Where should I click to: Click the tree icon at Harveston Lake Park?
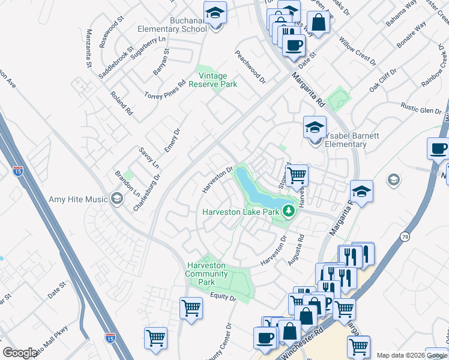click(x=289, y=211)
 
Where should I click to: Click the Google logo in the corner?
click(x=20, y=353)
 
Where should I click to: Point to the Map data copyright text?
click(x=412, y=355)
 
